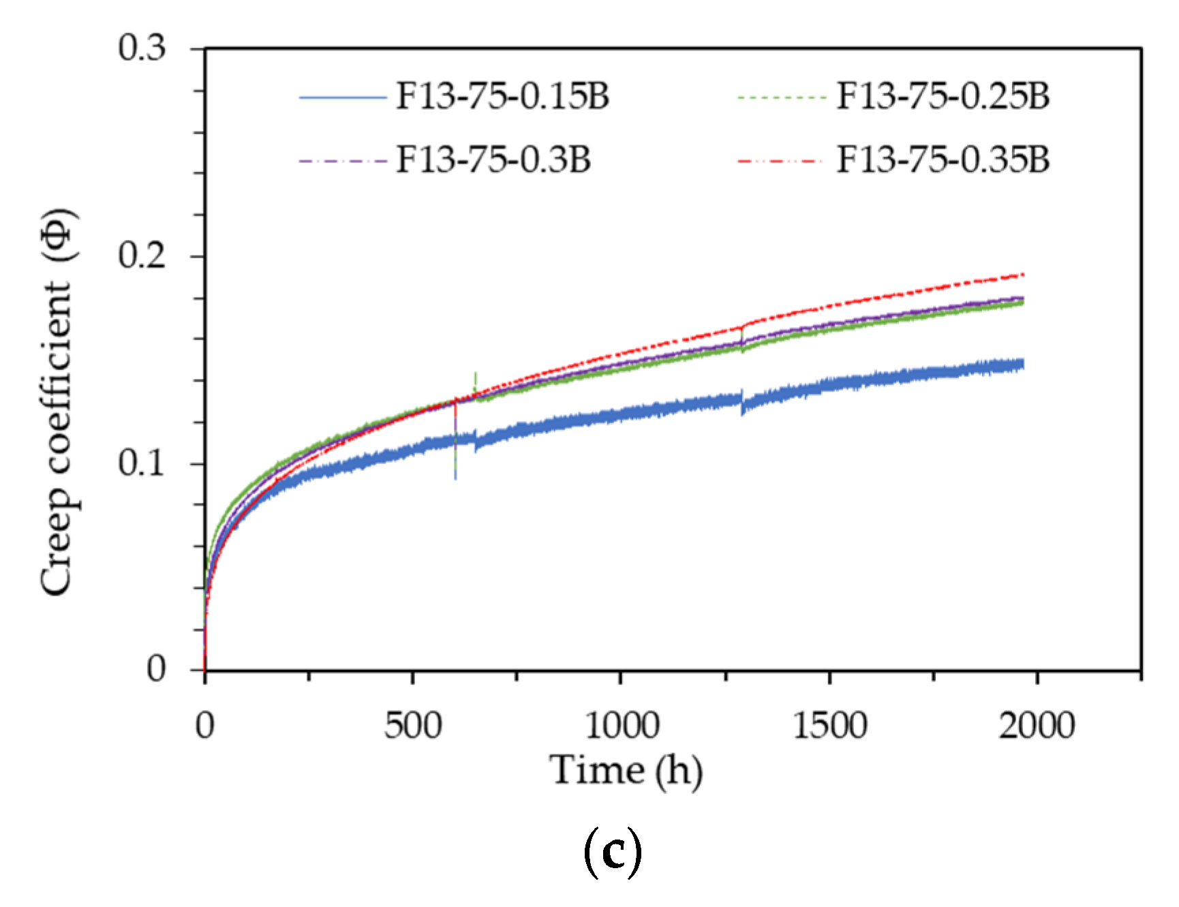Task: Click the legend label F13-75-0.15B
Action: point(502,96)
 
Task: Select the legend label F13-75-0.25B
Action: point(943,96)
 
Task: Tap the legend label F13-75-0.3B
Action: point(493,160)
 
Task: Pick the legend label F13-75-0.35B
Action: point(943,160)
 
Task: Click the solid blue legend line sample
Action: point(343,98)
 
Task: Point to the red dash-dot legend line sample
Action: point(781,162)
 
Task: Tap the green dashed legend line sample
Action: point(781,98)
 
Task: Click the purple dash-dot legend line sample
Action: point(343,162)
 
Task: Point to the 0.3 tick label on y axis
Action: point(142,48)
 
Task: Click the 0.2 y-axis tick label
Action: point(142,256)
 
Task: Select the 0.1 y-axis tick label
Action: point(142,463)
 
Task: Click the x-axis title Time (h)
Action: point(626,771)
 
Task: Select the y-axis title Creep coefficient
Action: point(57,402)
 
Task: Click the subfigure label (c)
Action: point(613,852)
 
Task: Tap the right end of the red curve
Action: point(1023,275)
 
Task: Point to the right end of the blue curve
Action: point(1023,365)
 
